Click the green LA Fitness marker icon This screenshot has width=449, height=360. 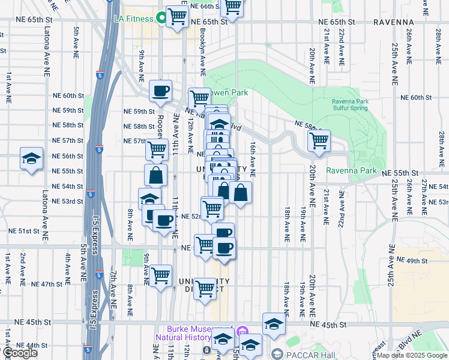click(x=161, y=18)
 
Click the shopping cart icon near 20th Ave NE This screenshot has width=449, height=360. click(x=318, y=141)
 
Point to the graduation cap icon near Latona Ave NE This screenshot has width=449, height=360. click(x=31, y=158)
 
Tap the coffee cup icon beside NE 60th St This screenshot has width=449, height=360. click(x=160, y=91)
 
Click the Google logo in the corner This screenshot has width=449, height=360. click(x=20, y=353)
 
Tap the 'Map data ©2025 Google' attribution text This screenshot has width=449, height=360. click(x=412, y=355)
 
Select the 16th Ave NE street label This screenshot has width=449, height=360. click(x=253, y=160)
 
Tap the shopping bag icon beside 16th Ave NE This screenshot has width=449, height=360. click(x=240, y=193)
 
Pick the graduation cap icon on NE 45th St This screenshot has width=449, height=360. click(x=274, y=324)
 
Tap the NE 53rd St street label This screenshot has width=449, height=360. click(x=67, y=202)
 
